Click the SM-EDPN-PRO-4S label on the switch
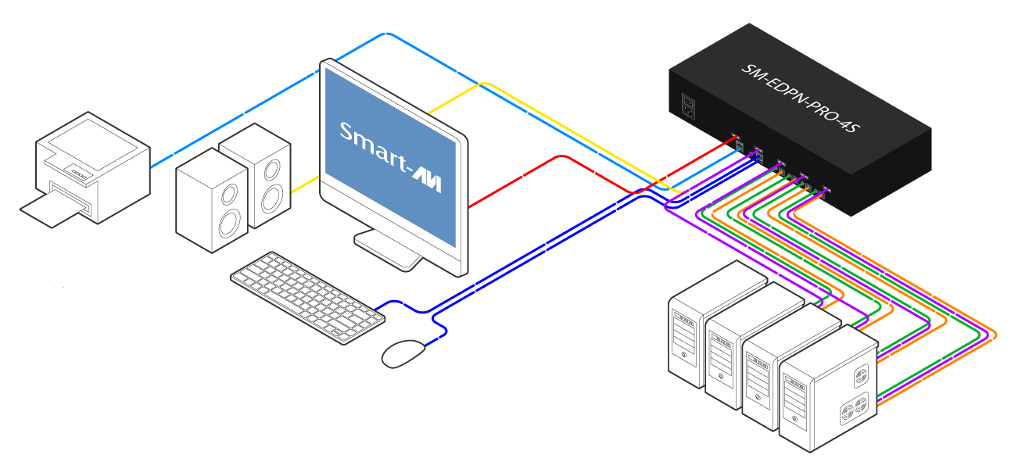(799, 98)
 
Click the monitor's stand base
(389, 249)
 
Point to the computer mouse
(403, 353)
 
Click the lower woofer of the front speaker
(228, 224)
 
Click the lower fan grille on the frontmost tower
(853, 410)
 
